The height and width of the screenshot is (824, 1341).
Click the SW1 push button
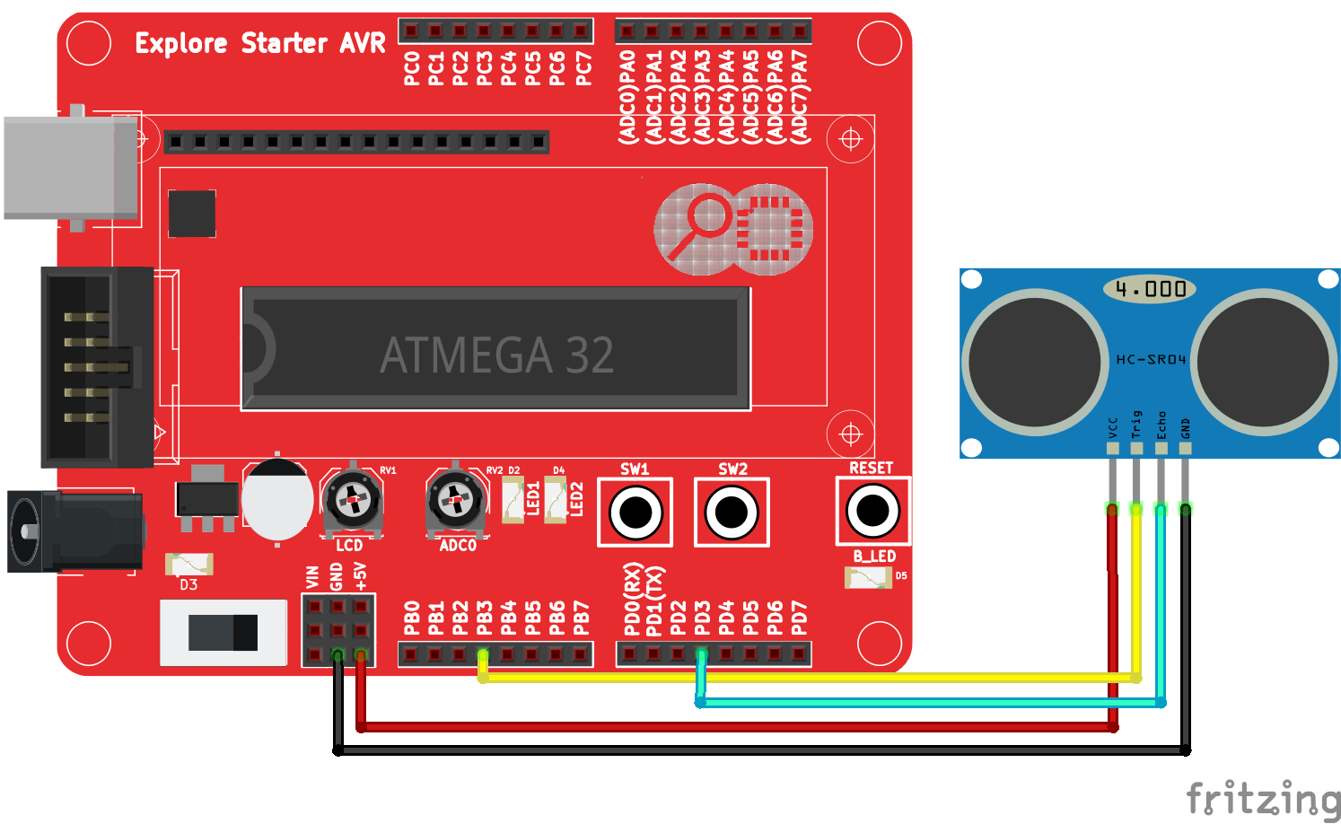(x=635, y=513)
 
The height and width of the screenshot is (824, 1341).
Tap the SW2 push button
(x=732, y=513)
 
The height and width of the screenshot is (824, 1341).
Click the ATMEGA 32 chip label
(x=496, y=355)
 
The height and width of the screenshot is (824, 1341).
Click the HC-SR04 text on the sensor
(x=1151, y=359)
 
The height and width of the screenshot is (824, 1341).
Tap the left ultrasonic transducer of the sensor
(x=1035, y=361)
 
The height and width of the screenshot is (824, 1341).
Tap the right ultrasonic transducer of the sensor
(x=1264, y=361)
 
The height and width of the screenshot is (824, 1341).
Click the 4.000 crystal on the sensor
(x=1151, y=289)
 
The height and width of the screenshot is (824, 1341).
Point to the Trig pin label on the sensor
(x=1137, y=425)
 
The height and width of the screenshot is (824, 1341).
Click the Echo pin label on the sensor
(x=1161, y=425)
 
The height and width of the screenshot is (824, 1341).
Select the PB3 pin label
(x=485, y=618)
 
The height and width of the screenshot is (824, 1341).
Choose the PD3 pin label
(x=703, y=618)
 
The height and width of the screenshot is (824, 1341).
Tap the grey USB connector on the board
(x=70, y=167)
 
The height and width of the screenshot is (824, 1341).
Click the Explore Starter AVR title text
(x=260, y=43)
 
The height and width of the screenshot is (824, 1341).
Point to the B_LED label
(x=873, y=557)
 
